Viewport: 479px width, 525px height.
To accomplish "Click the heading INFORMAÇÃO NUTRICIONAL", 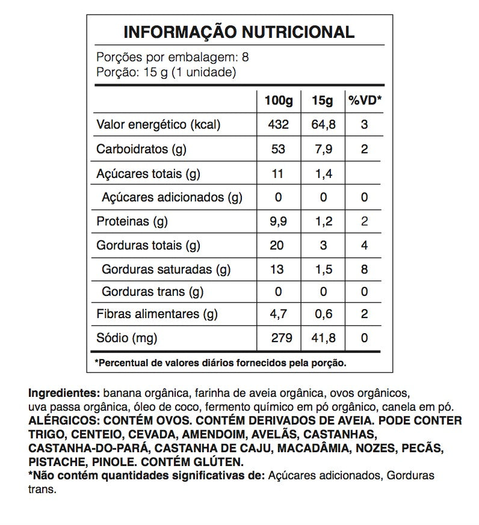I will pos(239,32).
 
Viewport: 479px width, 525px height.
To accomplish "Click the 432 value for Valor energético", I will pos(279,125).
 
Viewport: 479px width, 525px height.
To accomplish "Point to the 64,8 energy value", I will pos(323,125).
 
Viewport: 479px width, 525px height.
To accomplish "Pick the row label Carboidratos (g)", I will pos(141,149).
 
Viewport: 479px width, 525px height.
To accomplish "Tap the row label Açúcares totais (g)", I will pos(148,174).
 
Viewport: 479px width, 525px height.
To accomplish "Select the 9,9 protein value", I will pos(279,221).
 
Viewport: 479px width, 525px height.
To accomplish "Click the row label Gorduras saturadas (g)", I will pos(166,269).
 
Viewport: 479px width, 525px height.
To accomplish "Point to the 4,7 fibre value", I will pos(279,314).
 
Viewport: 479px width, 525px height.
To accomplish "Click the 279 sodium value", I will pos(279,338).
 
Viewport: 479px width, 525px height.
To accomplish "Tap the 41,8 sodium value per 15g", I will pos(323,338).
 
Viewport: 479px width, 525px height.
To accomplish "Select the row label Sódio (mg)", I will pos(127,338).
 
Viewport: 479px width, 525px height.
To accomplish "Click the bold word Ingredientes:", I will pos(64,394).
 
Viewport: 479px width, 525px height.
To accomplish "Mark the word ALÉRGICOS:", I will pos(61,420).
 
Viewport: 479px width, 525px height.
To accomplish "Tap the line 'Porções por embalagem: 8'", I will pos(173,58).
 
